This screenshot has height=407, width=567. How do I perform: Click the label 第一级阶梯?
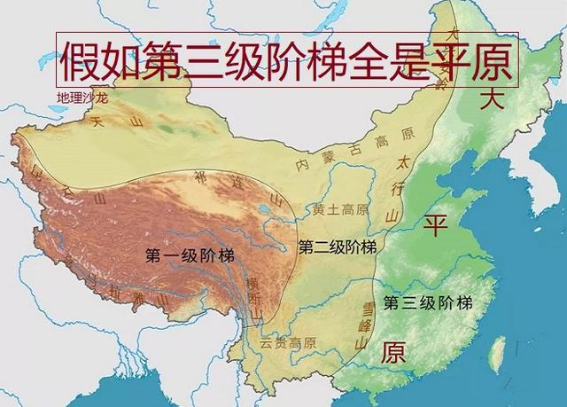coord(190,255)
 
